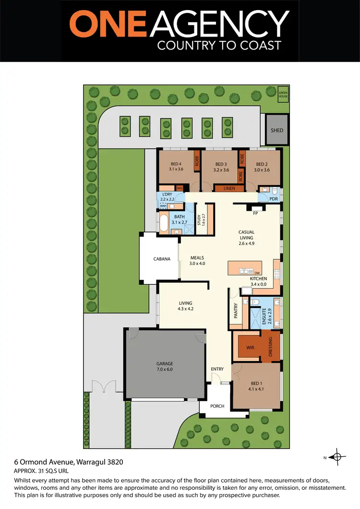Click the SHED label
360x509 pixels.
pyautogui.click(x=277, y=130)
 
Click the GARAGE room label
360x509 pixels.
pyautogui.click(x=165, y=364)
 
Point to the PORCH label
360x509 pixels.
pyautogui.click(x=217, y=406)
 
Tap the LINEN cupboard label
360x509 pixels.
pyautogui.click(x=229, y=189)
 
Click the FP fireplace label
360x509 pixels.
pyautogui.click(x=255, y=213)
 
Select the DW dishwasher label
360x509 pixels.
pyautogui.click(x=257, y=273)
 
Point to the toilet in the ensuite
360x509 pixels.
pyautogui.click(x=255, y=302)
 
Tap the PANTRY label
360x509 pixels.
pyautogui.click(x=236, y=311)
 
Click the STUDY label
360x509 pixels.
pyautogui.click(x=199, y=220)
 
